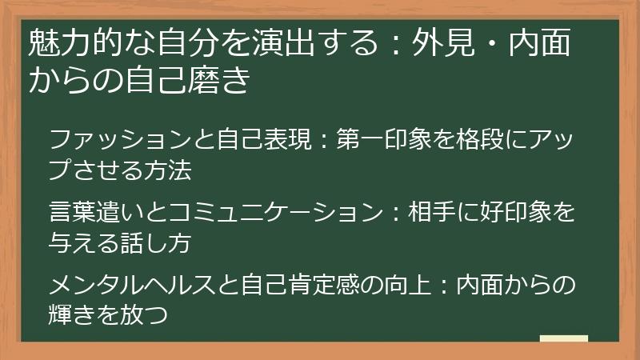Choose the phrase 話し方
[157, 243]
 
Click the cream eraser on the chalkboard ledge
[563, 338]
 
